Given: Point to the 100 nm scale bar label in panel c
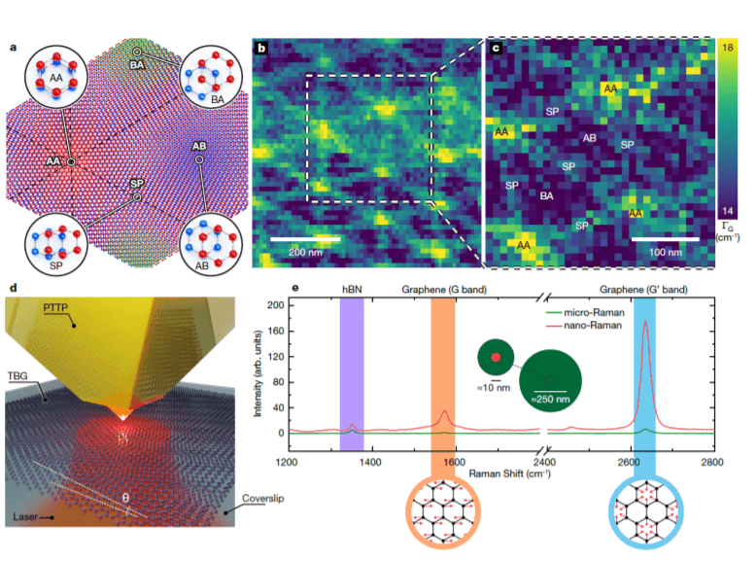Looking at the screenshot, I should (665, 251).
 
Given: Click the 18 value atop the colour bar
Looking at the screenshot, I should (730, 45).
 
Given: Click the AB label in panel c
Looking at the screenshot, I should (589, 137).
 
